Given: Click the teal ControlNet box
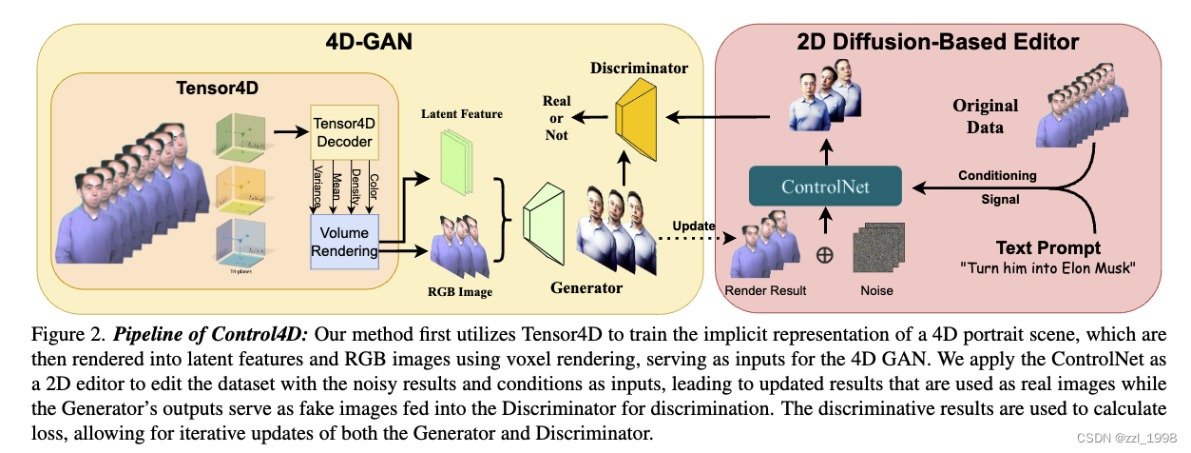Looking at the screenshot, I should pyautogui.click(x=826, y=187).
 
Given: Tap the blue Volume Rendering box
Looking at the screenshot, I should pyautogui.click(x=344, y=240).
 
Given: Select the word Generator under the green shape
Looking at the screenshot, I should pyautogui.click(x=586, y=286).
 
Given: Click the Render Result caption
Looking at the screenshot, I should pyautogui.click(x=765, y=289).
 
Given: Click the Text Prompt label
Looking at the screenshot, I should pyautogui.click(x=1047, y=246).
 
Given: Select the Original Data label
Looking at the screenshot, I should pyautogui.click(x=985, y=116).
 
